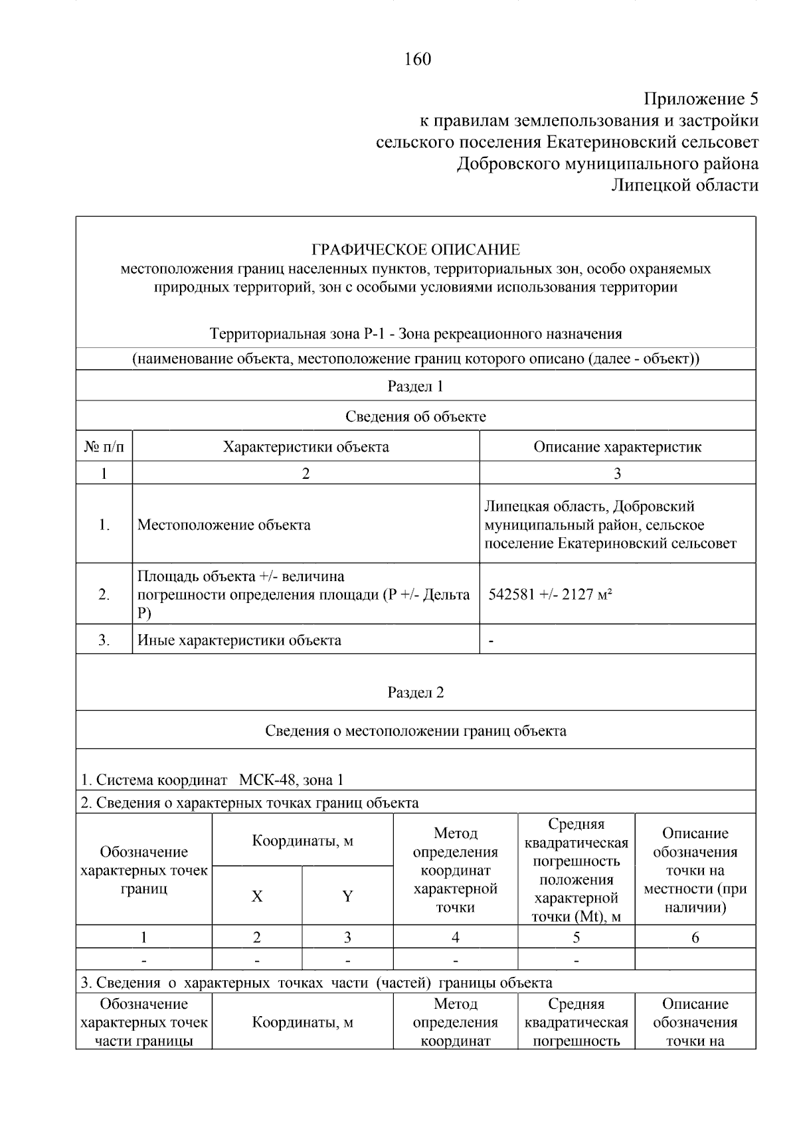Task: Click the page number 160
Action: coord(417,60)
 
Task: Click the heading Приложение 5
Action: coord(700,100)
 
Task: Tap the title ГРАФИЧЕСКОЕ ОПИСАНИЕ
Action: coord(416,250)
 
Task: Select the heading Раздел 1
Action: coord(415,387)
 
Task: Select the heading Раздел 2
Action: coord(415,693)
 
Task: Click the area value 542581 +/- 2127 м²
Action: coord(550,594)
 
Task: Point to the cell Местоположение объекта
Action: coord(224,525)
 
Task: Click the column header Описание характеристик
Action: coord(617,447)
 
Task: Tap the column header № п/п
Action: coord(104,447)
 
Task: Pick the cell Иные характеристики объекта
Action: coord(239,641)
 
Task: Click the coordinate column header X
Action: coord(257,897)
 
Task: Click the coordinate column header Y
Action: coord(347,897)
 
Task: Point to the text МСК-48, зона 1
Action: coord(291,780)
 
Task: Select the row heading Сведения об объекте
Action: coord(415,417)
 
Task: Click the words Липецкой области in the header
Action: coord(684,185)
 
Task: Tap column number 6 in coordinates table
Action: coord(695,938)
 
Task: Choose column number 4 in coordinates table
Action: coord(455,938)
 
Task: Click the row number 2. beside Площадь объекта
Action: coord(104,594)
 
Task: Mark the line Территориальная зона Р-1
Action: coord(415,334)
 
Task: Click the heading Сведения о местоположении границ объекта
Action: coord(415,731)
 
